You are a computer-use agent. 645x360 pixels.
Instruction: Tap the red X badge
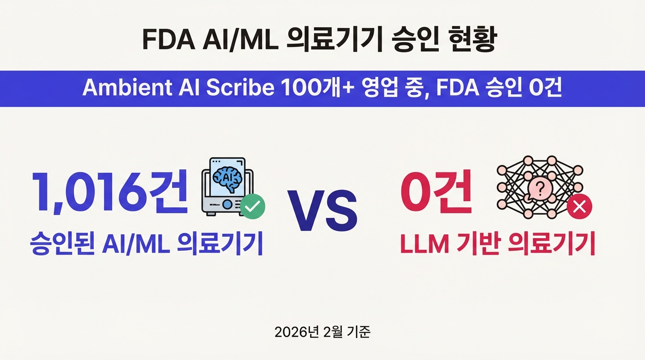tap(579, 207)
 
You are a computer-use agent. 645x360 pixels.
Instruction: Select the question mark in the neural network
tap(540, 189)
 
